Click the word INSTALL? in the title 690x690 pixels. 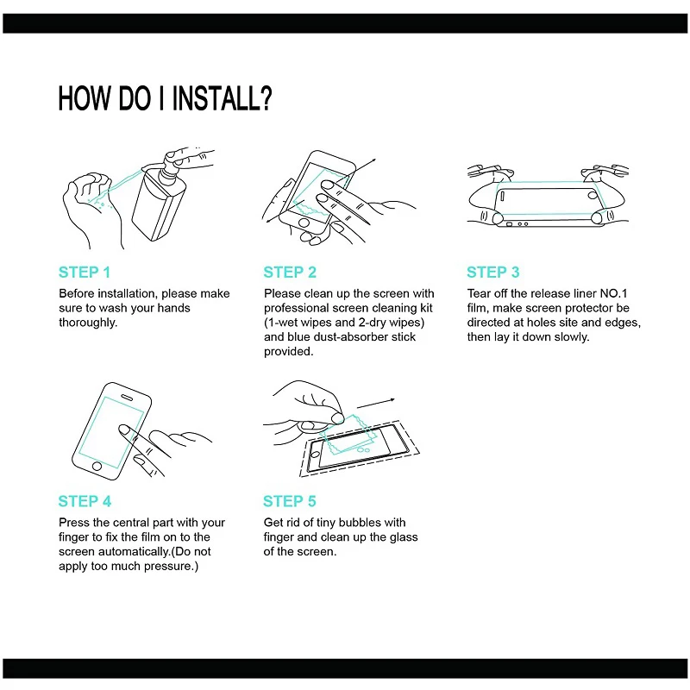click(223, 97)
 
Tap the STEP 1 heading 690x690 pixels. click(85, 273)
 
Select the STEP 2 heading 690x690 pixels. click(290, 273)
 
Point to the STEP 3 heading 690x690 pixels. click(493, 273)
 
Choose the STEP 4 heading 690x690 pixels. click(85, 501)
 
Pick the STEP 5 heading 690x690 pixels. click(290, 501)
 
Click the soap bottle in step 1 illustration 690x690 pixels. click(160, 203)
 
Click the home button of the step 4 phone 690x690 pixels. click(97, 466)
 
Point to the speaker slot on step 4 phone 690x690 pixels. click(127, 398)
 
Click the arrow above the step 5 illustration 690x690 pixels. click(376, 403)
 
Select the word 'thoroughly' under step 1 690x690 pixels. click(87, 323)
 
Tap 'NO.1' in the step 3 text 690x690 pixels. click(613, 293)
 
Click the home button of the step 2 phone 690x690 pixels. click(304, 223)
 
